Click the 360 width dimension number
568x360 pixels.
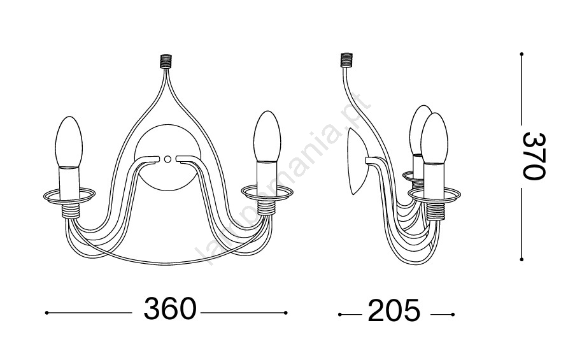coord(170,309)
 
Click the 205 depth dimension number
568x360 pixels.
coord(394,310)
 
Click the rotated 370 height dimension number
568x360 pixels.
coord(534,156)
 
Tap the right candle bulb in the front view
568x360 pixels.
coord(267,136)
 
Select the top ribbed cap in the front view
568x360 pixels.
coord(166,61)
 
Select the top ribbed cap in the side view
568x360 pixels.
coord(346,60)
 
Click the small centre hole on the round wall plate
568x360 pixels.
coord(167,159)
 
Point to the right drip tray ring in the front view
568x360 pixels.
coord(267,192)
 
